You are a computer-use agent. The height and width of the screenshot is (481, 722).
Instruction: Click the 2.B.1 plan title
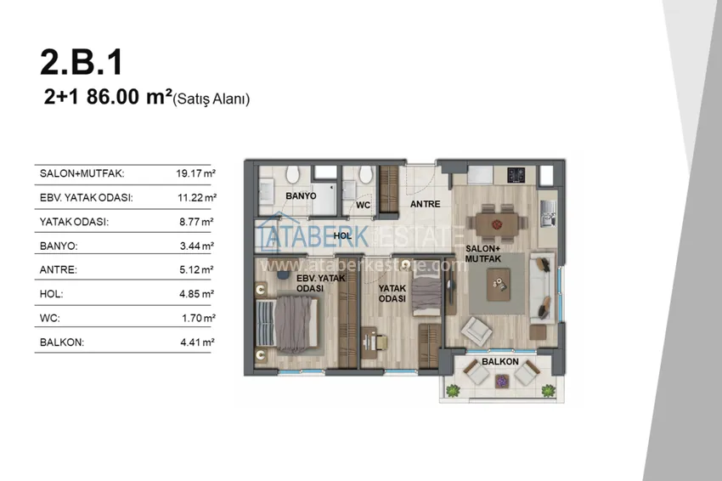(x=82, y=62)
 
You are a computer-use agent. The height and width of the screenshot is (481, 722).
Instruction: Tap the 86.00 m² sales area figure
(x=129, y=97)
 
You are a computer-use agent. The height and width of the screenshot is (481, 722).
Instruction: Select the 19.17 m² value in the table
(x=195, y=173)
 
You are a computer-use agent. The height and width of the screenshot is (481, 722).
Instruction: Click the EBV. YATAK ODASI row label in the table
(x=86, y=198)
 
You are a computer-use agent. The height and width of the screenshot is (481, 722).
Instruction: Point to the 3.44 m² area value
(x=196, y=246)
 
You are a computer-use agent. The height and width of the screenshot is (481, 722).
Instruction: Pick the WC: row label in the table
(x=50, y=319)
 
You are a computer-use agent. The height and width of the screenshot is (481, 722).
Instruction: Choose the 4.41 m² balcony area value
(x=198, y=342)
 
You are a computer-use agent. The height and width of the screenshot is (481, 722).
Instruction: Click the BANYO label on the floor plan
(x=302, y=195)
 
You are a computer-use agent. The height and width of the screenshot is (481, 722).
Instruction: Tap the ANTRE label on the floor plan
(x=425, y=204)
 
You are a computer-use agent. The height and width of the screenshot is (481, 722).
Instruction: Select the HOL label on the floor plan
(x=342, y=236)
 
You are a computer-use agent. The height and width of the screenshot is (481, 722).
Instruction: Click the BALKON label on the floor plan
(x=500, y=362)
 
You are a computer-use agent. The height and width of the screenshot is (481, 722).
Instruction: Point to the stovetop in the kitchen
(x=516, y=174)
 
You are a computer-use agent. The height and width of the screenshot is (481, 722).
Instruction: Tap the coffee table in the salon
(x=499, y=284)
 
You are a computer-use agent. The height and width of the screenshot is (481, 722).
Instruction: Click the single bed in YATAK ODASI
(x=426, y=292)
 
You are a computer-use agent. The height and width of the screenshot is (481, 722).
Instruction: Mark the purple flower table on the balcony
(x=501, y=381)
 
